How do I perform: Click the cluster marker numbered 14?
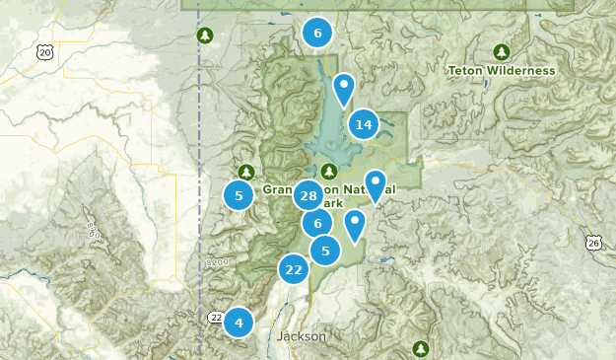[x=364, y=124]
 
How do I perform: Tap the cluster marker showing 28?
[x=308, y=195]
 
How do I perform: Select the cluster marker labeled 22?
[x=294, y=269]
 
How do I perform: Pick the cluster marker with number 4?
[x=238, y=322]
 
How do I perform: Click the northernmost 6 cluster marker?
[x=317, y=34]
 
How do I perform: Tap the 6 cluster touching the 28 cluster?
[x=317, y=223]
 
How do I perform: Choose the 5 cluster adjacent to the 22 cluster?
[x=325, y=251]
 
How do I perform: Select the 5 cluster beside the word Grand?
[x=239, y=195]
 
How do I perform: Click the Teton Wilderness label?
[x=501, y=70]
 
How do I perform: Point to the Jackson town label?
[x=302, y=336]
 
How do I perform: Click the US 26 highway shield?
[x=592, y=243]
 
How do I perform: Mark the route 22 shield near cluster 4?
[x=216, y=317]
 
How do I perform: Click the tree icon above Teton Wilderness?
[x=501, y=51]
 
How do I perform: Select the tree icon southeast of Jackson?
[x=421, y=348]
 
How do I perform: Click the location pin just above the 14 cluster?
[x=343, y=89]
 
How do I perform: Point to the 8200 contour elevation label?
[x=219, y=262]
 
